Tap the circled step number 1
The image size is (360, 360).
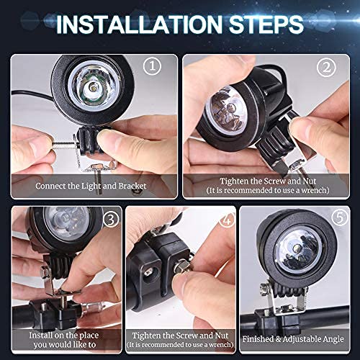click(x=151, y=66)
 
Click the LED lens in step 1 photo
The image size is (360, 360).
click(x=91, y=89)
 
